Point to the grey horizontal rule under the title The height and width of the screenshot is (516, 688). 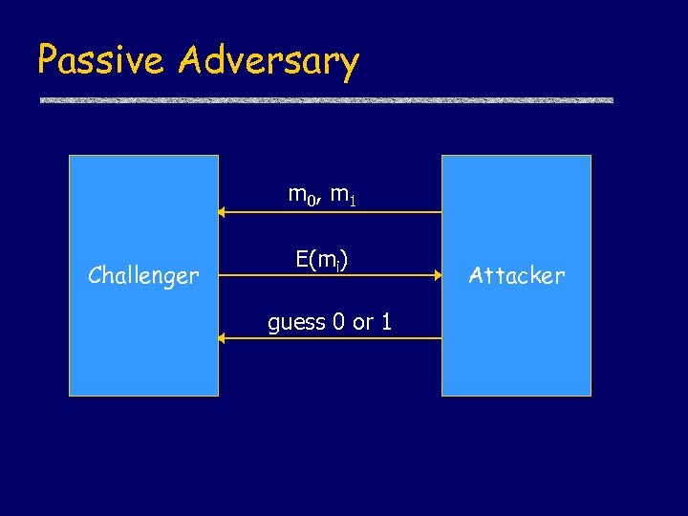point(326,100)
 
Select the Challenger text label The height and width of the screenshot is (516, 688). point(143,276)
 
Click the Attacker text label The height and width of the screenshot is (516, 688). point(517,276)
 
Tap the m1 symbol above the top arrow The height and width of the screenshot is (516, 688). point(343,197)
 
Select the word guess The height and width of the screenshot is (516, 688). point(296,323)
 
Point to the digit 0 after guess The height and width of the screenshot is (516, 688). point(339,322)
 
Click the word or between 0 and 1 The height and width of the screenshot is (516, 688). point(363,323)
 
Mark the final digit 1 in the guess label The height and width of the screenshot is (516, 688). point(386,322)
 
